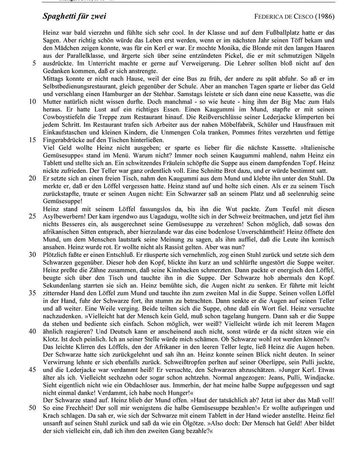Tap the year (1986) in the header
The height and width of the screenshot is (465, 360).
point(325,17)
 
